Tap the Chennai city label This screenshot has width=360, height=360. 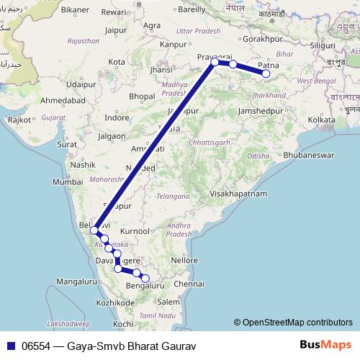(189, 284)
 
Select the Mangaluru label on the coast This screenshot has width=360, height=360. (78, 281)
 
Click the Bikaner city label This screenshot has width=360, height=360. (75, 11)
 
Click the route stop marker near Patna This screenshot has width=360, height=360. (266, 73)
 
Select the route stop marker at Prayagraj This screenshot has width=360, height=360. (215, 62)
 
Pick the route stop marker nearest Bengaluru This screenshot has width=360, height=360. (145, 279)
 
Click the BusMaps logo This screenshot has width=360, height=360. (320, 346)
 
